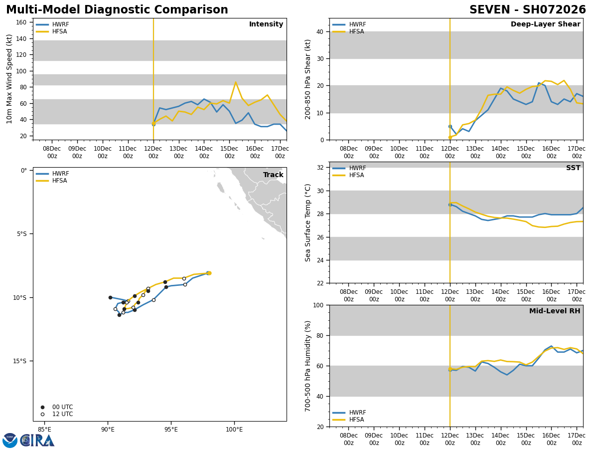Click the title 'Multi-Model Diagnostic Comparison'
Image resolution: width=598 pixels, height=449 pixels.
[x=117, y=10]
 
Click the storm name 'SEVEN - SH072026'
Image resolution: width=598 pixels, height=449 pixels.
[x=527, y=10]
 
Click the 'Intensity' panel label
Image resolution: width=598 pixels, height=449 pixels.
[x=266, y=24]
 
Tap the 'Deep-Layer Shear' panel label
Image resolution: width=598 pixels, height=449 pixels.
[x=545, y=24]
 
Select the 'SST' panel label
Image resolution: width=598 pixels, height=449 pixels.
[x=573, y=168]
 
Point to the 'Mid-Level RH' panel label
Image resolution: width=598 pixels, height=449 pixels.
[x=555, y=311]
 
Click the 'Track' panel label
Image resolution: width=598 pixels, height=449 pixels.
[x=273, y=175]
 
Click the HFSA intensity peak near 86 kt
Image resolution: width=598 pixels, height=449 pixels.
[x=236, y=82]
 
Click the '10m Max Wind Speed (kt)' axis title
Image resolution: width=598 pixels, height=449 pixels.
[x=9, y=79]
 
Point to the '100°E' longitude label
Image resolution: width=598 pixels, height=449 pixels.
[x=234, y=429]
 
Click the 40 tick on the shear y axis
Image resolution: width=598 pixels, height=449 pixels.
[x=319, y=32]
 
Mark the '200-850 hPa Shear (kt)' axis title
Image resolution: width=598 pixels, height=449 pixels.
[x=308, y=79]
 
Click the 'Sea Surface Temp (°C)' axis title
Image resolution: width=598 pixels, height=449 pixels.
[x=308, y=223]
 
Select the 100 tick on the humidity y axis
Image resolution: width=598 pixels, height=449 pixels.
[x=317, y=305]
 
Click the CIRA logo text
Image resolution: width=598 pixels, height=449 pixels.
[x=37, y=441]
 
